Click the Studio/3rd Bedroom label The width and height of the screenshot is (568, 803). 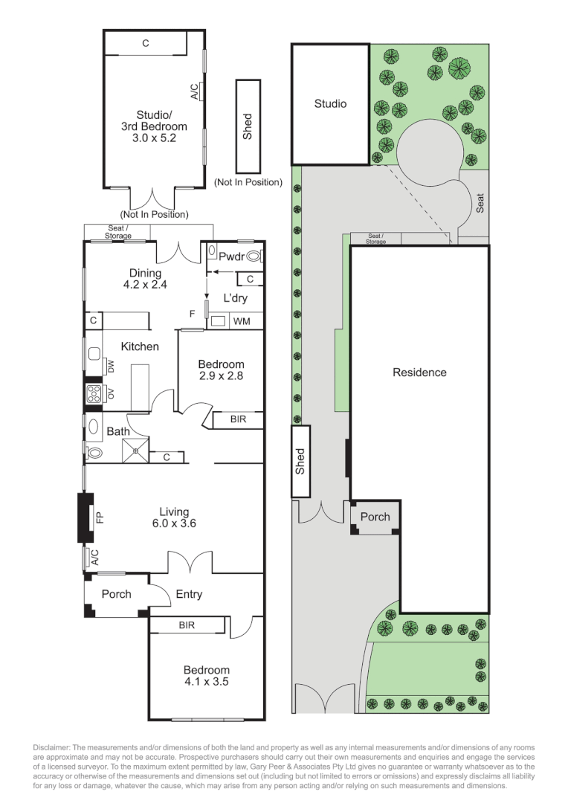pyautogui.click(x=154, y=120)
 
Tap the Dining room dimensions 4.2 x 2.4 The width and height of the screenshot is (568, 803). pyautogui.click(x=145, y=285)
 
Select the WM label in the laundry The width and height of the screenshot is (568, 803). pyautogui.click(x=242, y=321)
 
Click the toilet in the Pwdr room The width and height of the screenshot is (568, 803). pyautogui.click(x=254, y=256)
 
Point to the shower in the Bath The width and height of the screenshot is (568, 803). pyautogui.click(x=136, y=450)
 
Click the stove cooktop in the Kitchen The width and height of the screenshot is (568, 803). pyautogui.click(x=94, y=394)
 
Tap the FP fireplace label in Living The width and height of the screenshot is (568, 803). pyautogui.click(x=100, y=517)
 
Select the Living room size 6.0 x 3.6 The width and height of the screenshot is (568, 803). pyautogui.click(x=174, y=523)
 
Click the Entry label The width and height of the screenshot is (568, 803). pyautogui.click(x=189, y=594)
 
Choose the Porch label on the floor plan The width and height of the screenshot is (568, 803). pyautogui.click(x=116, y=594)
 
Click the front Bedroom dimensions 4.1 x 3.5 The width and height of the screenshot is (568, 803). pyautogui.click(x=206, y=682)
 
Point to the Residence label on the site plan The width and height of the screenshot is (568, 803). pyautogui.click(x=419, y=373)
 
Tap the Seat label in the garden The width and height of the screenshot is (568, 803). pyautogui.click(x=480, y=203)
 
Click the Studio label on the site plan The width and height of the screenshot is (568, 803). pyautogui.click(x=330, y=104)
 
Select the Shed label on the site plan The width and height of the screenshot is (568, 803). pyautogui.click(x=300, y=462)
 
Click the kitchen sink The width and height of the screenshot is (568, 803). pyautogui.click(x=94, y=354)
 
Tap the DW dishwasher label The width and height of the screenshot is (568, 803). pyautogui.click(x=111, y=366)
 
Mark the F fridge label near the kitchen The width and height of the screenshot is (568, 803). pyautogui.click(x=192, y=314)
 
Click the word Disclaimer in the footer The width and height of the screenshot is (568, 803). pyautogui.click(x=52, y=748)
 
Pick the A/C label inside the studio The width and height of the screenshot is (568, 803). pyautogui.click(x=195, y=91)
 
